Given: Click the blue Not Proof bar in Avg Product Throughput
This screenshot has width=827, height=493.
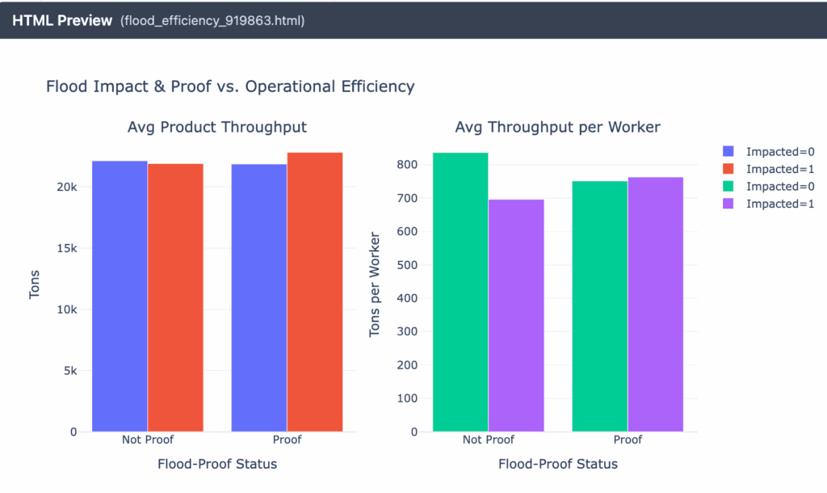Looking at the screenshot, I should pyautogui.click(x=120, y=297).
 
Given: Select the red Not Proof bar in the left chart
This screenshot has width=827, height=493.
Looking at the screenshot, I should pyautogui.click(x=175, y=297).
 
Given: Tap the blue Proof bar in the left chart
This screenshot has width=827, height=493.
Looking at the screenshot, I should pyautogui.click(x=258, y=298).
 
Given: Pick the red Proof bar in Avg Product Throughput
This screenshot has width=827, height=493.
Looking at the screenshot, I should pyautogui.click(x=315, y=292).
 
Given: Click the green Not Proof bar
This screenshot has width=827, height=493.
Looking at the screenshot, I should pyautogui.click(x=460, y=292).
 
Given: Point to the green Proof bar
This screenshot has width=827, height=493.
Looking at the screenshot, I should pyautogui.click(x=599, y=306).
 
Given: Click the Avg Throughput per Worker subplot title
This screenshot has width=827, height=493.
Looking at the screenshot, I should pyautogui.click(x=558, y=128).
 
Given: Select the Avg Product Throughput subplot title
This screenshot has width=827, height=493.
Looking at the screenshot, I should pyautogui.click(x=217, y=128).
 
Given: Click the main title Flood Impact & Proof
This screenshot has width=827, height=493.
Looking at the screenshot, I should pyautogui.click(x=230, y=86).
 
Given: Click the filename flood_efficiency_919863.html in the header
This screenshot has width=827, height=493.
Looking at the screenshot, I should pyautogui.click(x=212, y=20).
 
